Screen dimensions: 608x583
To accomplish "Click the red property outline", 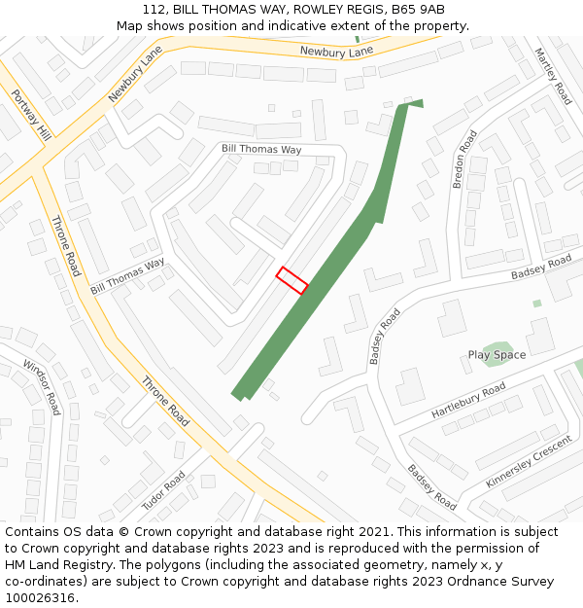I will (x=291, y=280).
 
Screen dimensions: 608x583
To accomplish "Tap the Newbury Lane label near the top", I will (x=336, y=51).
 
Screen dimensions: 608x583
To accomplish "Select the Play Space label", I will (x=497, y=355).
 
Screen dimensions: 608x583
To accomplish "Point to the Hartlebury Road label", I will (x=468, y=401).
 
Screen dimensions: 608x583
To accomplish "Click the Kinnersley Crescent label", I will (x=530, y=462).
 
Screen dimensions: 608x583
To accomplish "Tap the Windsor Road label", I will (x=42, y=387).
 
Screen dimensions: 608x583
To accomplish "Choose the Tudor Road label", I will (x=163, y=490).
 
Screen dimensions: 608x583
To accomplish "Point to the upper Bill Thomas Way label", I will (x=261, y=150).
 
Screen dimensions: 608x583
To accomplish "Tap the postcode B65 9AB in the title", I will (x=419, y=10).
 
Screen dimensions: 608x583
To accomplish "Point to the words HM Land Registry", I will (x=51, y=565).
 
